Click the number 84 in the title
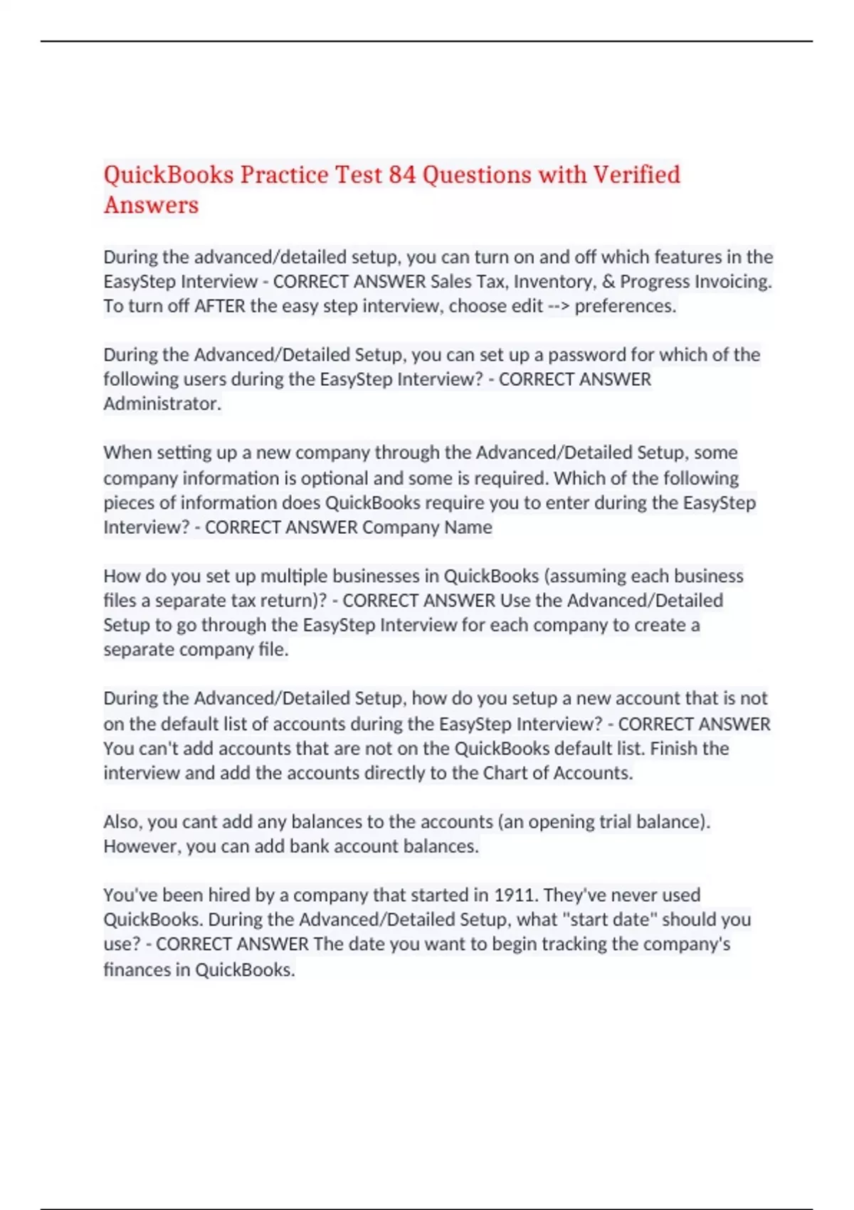(x=402, y=174)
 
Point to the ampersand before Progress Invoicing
(x=608, y=281)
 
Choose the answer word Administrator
(x=162, y=404)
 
